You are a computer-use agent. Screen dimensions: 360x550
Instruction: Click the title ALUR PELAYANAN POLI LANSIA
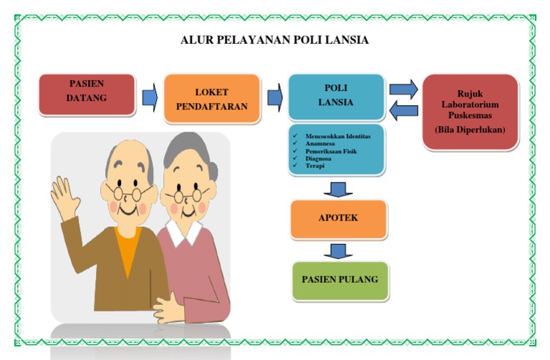coord(275,40)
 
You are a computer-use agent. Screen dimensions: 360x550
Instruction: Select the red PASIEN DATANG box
coord(86,94)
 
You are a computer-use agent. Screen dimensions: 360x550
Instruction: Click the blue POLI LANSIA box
coord(336,96)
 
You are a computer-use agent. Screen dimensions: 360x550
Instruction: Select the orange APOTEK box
coord(338,218)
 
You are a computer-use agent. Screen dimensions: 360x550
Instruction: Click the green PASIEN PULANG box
coord(339,279)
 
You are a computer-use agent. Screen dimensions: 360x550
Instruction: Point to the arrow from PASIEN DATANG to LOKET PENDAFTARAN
coord(149,97)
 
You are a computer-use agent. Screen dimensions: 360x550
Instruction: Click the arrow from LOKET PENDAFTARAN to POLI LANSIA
coord(274,97)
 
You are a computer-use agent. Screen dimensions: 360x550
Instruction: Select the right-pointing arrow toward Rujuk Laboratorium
coord(404,89)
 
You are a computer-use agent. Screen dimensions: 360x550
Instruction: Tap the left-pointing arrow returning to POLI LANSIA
coord(404,110)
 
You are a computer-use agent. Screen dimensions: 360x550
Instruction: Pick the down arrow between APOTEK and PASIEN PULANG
coord(338,250)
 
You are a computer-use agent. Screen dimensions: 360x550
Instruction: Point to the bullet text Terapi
coord(315,166)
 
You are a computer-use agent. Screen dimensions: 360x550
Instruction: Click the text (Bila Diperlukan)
coord(470,130)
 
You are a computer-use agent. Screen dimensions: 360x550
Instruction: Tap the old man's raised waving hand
coord(65,197)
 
